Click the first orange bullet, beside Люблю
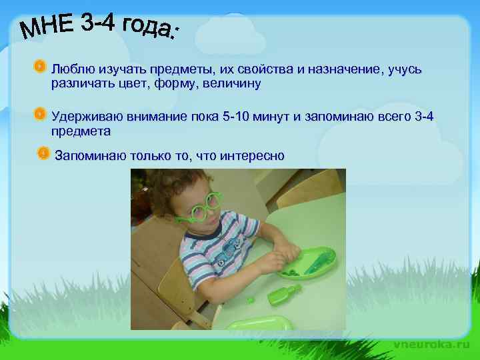40,67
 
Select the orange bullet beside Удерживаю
40,114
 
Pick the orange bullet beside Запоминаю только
43,154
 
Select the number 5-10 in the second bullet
241,117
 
